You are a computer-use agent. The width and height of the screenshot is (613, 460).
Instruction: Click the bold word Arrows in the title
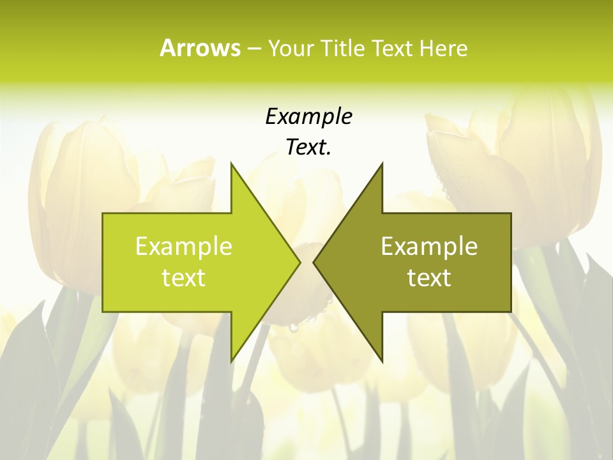click(200, 48)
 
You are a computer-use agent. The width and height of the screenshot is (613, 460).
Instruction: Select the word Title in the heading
click(344, 48)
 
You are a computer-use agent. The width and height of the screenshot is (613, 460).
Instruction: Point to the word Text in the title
click(392, 48)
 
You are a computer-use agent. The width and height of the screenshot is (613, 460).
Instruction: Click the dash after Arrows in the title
click(254, 49)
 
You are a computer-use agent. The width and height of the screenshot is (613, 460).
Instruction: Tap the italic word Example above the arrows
click(308, 117)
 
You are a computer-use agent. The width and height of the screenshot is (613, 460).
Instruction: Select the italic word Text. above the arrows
click(307, 148)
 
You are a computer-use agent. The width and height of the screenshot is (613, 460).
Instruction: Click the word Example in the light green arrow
click(184, 247)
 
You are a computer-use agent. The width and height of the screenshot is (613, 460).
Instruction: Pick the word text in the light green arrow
click(184, 278)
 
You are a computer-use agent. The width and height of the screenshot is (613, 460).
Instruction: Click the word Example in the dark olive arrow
click(429, 247)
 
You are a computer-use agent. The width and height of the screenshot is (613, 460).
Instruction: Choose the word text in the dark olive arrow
click(429, 278)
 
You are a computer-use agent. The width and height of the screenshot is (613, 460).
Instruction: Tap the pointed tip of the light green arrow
click(299, 262)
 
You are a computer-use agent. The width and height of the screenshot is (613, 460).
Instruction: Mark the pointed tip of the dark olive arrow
click(314, 262)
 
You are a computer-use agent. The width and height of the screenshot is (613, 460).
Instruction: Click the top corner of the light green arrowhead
click(231, 164)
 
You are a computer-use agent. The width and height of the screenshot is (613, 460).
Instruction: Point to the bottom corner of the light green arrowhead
click(231, 361)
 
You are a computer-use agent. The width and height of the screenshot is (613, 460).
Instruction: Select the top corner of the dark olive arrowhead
click(382, 164)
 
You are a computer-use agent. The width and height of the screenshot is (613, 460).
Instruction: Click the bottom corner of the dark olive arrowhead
click(382, 361)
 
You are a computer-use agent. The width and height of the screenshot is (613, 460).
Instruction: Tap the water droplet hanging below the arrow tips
click(293, 328)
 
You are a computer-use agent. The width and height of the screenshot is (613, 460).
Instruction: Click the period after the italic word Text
click(329, 154)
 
